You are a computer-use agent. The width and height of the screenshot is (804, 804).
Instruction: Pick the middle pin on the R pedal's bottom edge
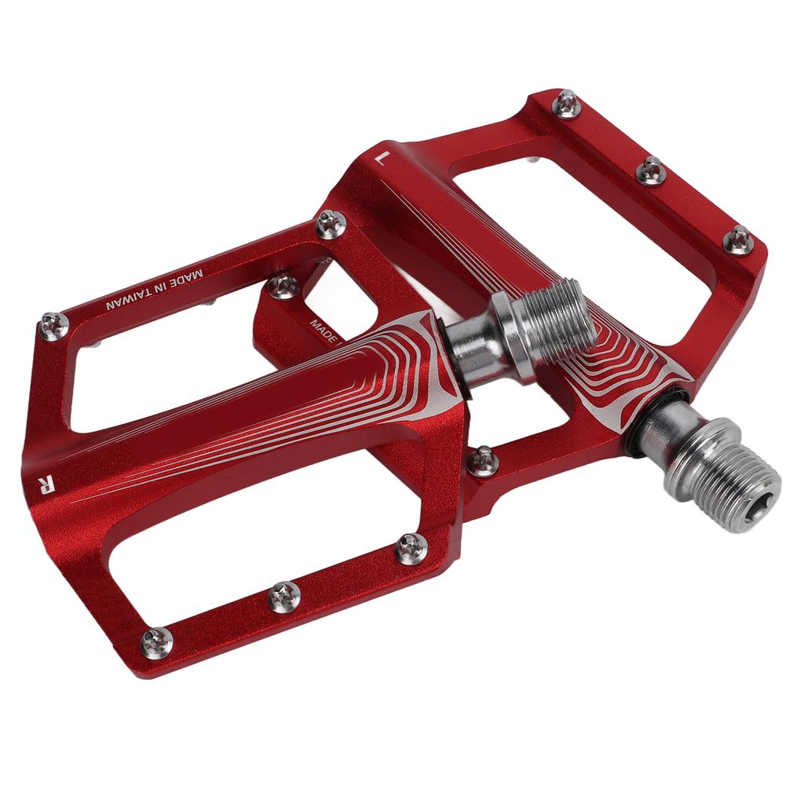coord(284,597)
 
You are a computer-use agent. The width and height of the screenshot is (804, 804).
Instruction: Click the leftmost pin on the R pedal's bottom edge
coord(156,642)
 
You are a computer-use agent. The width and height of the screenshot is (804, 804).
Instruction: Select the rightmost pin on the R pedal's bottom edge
coord(411,548)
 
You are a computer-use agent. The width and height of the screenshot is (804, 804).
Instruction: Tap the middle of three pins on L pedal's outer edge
coord(651,170)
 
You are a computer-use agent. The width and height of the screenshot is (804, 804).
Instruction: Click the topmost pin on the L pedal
coord(566,104)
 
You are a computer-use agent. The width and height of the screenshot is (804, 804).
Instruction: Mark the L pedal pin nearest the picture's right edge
coord(738,239)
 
